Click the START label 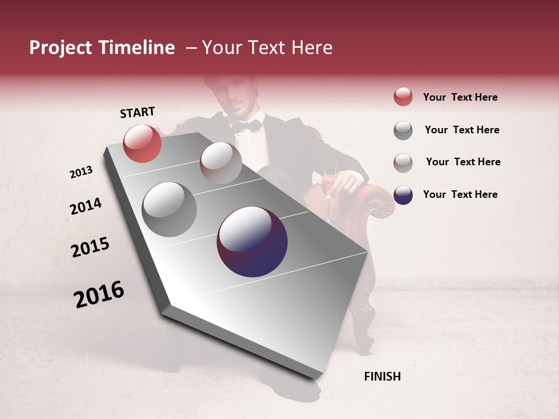[x=137, y=112]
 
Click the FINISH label [x=383, y=377]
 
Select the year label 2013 [x=81, y=172]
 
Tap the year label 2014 [x=86, y=206]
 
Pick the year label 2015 [x=90, y=247]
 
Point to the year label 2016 [x=99, y=294]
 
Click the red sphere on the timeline [x=142, y=143]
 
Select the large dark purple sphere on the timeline [x=252, y=242]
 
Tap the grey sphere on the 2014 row [x=169, y=209]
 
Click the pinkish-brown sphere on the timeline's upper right [x=221, y=162]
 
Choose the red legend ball [x=403, y=97]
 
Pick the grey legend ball [x=403, y=130]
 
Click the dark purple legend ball [x=403, y=195]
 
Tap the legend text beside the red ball [x=460, y=97]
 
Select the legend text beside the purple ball [x=460, y=194]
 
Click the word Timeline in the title [x=136, y=48]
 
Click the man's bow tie [x=247, y=125]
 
